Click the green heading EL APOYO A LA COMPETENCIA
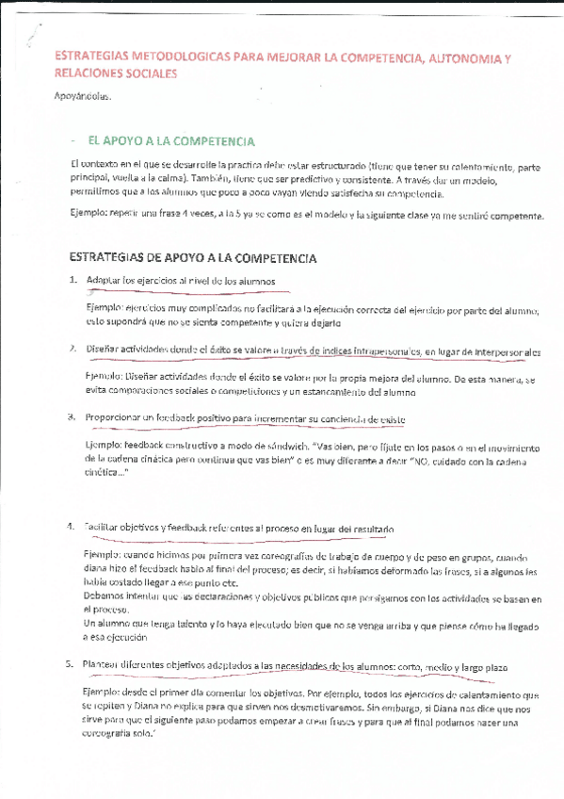click(170, 141)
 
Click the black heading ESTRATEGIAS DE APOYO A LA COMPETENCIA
click(194, 257)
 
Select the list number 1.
click(73, 281)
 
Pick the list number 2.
click(73, 350)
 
